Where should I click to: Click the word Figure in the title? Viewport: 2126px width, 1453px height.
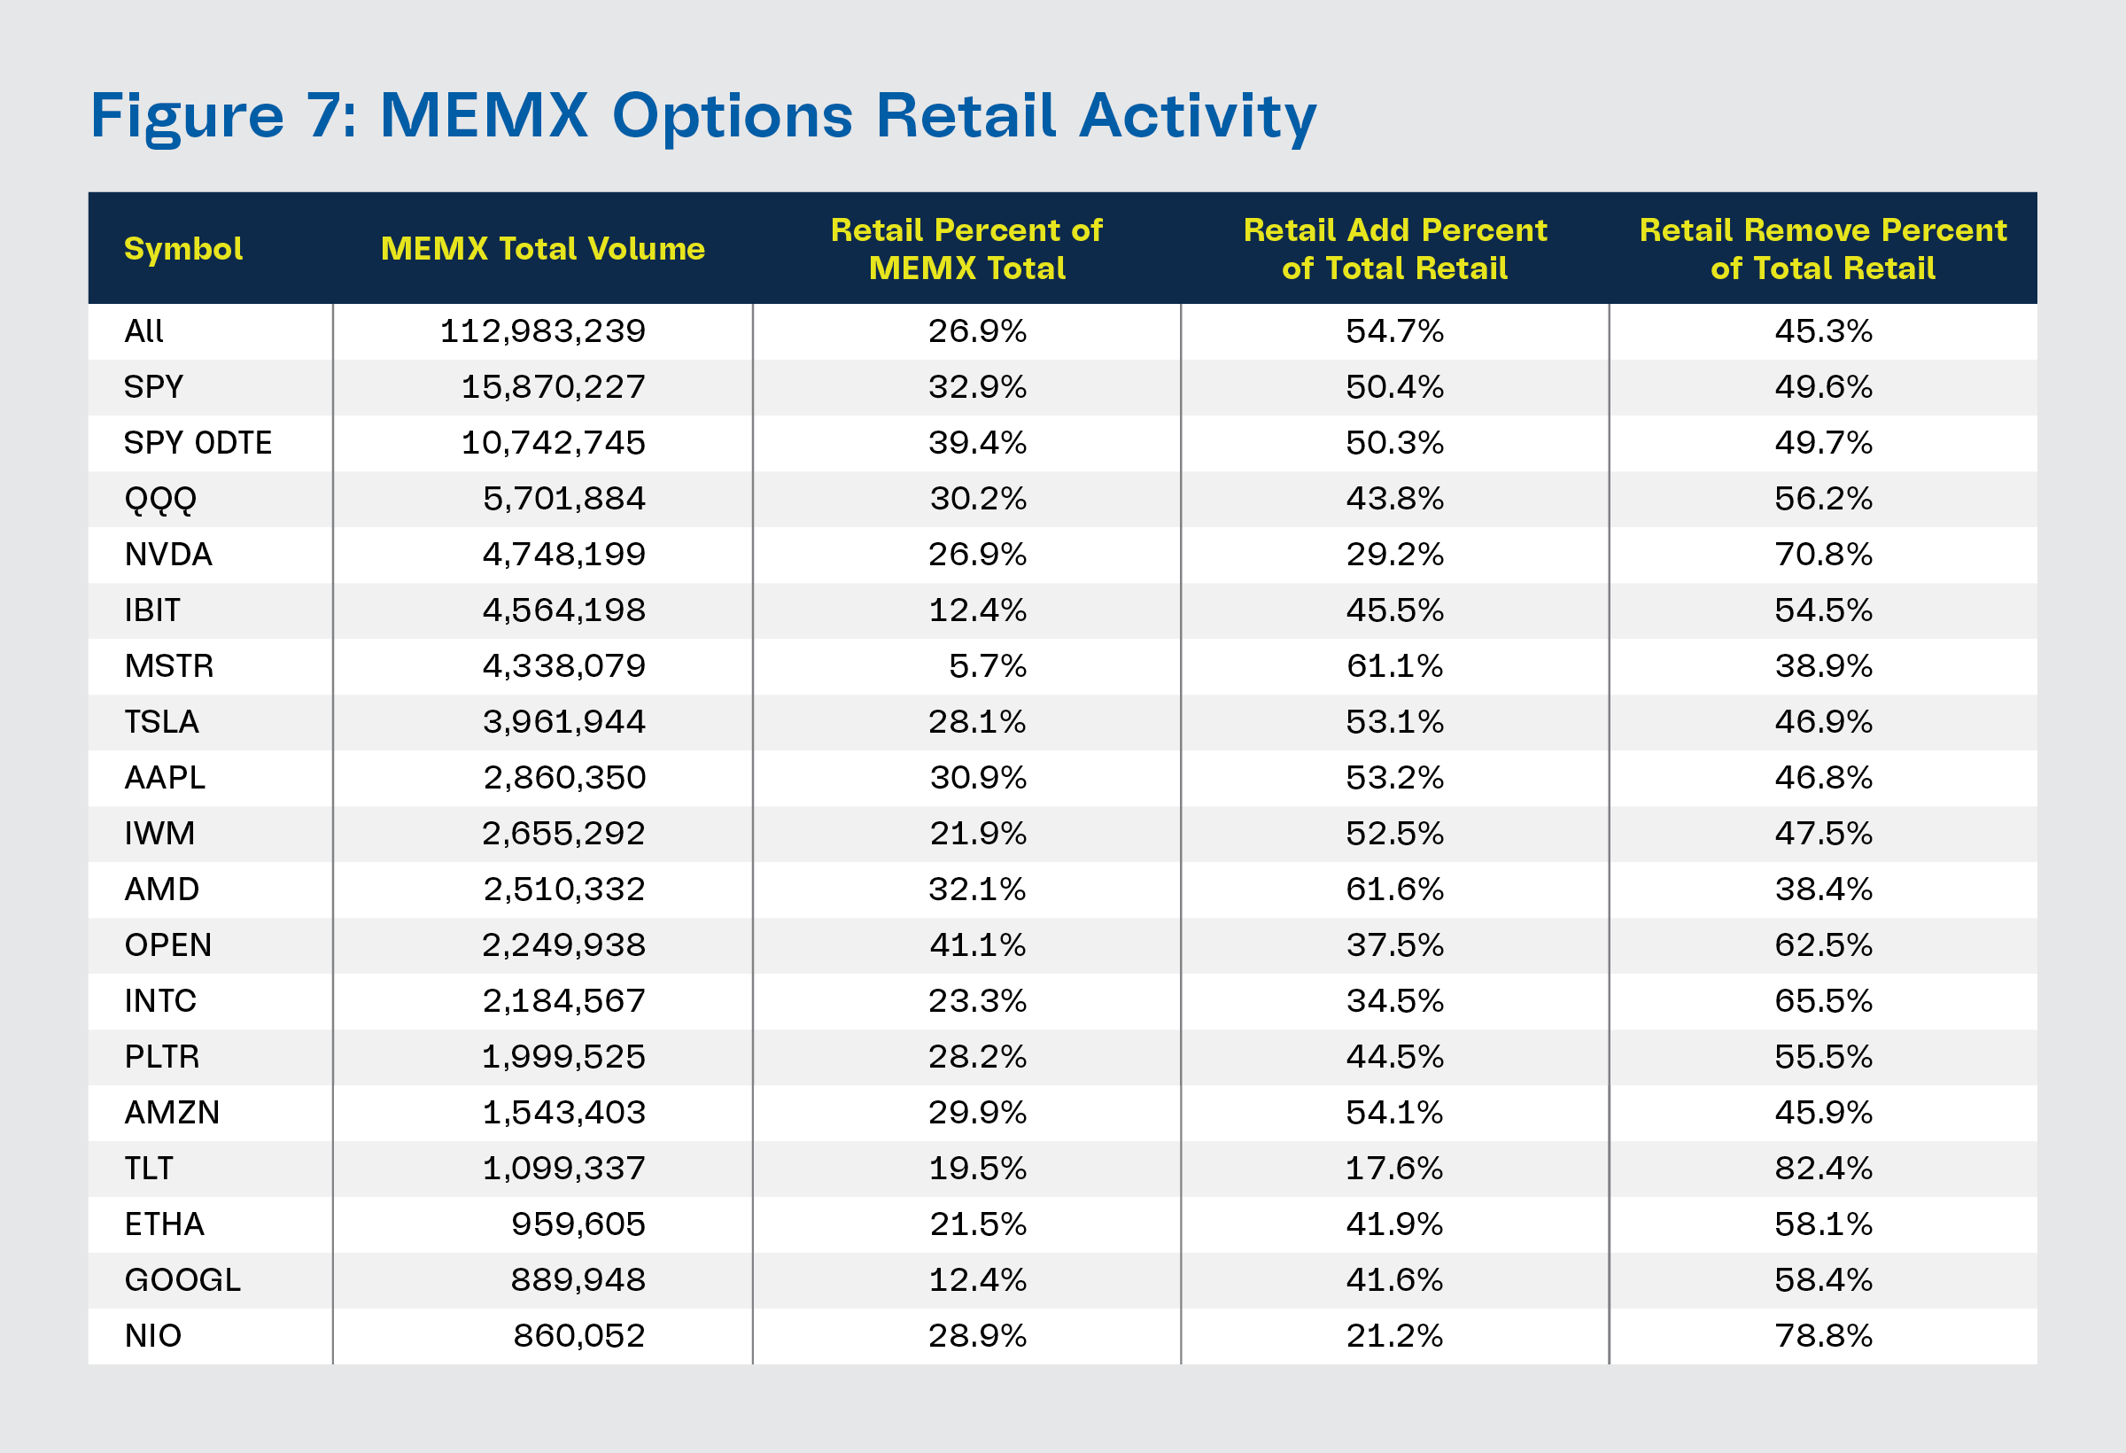tap(187, 116)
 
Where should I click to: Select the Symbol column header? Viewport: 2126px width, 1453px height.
tap(183, 249)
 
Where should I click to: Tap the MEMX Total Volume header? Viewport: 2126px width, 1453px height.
tap(542, 249)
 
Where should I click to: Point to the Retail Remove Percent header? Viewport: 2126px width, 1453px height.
tap(1822, 249)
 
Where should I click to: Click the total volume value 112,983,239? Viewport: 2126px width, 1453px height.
tap(542, 331)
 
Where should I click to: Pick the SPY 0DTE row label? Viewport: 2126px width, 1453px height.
tap(198, 443)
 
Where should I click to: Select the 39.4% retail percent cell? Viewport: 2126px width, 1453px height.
tap(977, 443)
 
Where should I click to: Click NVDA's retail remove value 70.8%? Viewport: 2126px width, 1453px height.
tap(1823, 555)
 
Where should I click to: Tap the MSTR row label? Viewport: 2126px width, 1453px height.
tap(168, 666)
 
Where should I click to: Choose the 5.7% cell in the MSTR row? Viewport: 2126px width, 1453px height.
tap(987, 666)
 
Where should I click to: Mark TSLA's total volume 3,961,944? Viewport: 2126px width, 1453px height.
tap(563, 722)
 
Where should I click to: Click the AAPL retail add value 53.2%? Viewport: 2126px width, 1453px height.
tap(1394, 778)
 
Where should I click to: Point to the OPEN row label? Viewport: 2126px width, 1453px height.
tap(167, 945)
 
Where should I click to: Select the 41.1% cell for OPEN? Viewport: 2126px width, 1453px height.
tap(977, 945)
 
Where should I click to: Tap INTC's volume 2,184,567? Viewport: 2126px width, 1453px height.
tap(563, 1001)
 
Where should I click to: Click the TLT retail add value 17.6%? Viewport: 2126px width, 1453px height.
tap(1394, 1169)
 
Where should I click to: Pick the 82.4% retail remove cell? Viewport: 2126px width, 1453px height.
tap(1823, 1169)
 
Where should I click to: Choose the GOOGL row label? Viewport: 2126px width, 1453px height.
tap(182, 1280)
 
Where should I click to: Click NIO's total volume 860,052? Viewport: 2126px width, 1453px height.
tap(578, 1336)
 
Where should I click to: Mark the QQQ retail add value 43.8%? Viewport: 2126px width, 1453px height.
tap(1394, 499)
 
